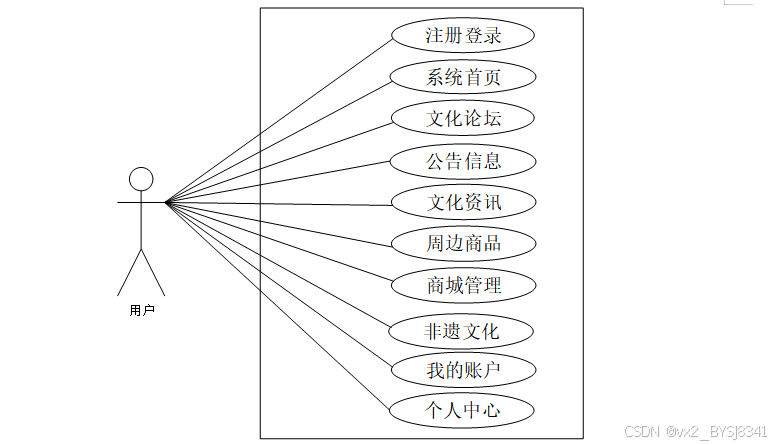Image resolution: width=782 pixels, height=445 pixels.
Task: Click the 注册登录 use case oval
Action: pyautogui.click(x=463, y=36)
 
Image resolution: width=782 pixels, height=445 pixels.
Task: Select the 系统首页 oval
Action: pyautogui.click(x=463, y=77)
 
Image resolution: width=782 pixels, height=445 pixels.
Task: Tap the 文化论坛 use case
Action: pyautogui.click(x=463, y=118)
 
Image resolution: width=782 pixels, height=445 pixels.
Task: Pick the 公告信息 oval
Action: pyautogui.click(x=463, y=160)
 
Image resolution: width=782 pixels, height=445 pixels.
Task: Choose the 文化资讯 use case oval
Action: pyautogui.click(x=463, y=202)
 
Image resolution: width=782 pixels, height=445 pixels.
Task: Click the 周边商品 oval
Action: pyautogui.click(x=463, y=243)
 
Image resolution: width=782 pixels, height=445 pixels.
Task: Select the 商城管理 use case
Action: pyautogui.click(x=463, y=285)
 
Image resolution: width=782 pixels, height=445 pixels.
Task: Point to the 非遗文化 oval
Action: pyautogui.click(x=463, y=330)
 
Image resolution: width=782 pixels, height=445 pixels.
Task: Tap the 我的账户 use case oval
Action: pyautogui.click(x=463, y=371)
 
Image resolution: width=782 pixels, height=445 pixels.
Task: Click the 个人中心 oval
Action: pyautogui.click(x=463, y=410)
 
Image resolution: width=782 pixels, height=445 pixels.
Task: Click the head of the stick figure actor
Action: pyautogui.click(x=141, y=179)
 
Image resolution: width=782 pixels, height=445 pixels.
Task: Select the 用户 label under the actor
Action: pyautogui.click(x=142, y=310)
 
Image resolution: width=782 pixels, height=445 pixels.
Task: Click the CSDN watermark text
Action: pyautogui.click(x=697, y=431)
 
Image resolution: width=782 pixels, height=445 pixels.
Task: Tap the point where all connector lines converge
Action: pyautogui.click(x=167, y=202)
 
